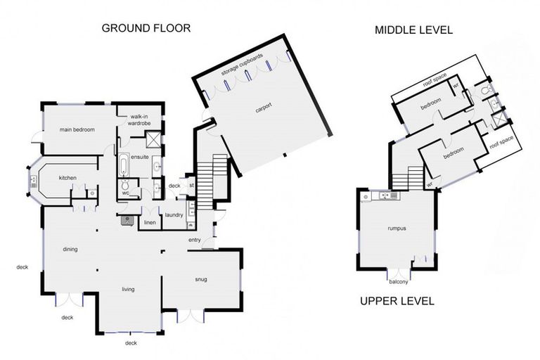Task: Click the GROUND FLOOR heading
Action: click(146, 28)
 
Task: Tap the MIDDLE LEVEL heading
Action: click(413, 30)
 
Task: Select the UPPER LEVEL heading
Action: click(397, 301)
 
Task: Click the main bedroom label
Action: click(77, 129)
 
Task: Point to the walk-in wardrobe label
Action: click(139, 120)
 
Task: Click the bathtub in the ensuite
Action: click(123, 165)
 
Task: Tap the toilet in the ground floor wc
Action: click(124, 184)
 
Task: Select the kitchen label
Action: click(67, 178)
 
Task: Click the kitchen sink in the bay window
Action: click(34, 181)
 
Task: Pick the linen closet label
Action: click(150, 223)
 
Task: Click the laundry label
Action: click(174, 215)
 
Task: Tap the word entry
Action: click(195, 240)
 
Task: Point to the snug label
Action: click(201, 279)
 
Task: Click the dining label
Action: click(70, 249)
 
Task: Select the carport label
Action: click(264, 108)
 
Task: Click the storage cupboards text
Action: click(242, 65)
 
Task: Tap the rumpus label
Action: click(397, 228)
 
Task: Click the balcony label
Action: click(399, 282)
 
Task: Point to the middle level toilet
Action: click(487, 90)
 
